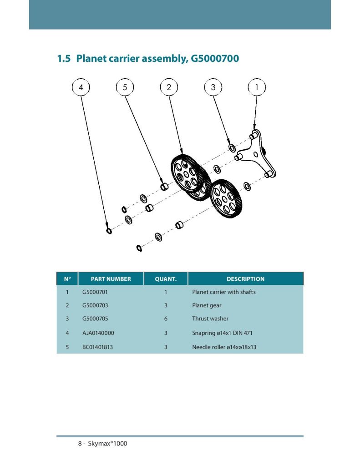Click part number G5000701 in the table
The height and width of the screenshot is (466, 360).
[x=95, y=292]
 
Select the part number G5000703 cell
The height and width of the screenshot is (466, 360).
[x=95, y=305]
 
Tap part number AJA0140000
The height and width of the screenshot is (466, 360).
[x=98, y=333]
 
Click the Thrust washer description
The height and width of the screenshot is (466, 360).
[x=210, y=319]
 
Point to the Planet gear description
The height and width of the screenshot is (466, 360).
[x=207, y=305]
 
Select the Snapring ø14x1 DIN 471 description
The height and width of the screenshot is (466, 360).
[x=222, y=333]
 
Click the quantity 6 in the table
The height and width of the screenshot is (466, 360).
[x=166, y=319]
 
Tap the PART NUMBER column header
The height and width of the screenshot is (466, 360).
[x=111, y=279]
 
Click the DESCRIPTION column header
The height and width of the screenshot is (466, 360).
[x=245, y=279]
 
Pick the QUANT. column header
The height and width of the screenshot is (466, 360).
[x=166, y=279]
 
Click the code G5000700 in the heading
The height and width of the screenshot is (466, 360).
[x=213, y=59]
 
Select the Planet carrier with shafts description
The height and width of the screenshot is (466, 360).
[x=224, y=292]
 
